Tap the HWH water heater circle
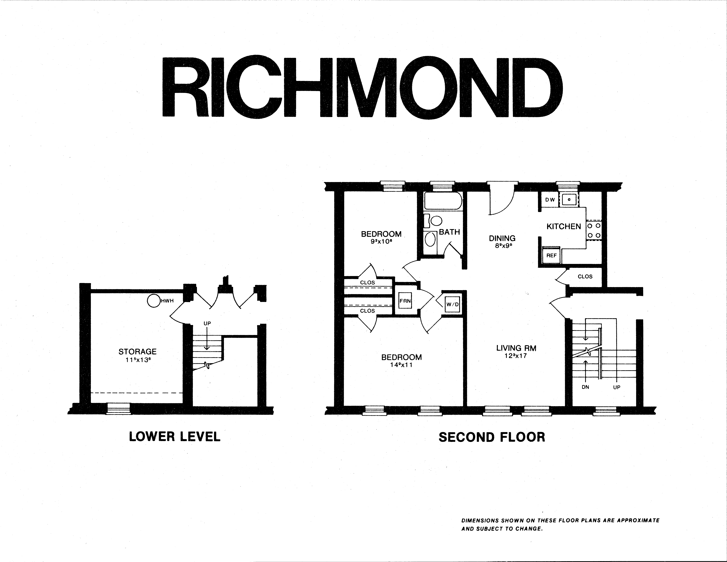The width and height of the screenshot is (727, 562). click(154, 301)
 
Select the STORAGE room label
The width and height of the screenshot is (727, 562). click(137, 352)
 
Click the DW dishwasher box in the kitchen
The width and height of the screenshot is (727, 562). click(550, 200)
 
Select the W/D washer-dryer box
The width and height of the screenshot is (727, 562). click(452, 304)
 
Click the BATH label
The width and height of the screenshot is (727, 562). click(449, 232)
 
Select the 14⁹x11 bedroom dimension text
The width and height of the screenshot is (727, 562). click(402, 365)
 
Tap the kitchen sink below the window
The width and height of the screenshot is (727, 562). click(569, 200)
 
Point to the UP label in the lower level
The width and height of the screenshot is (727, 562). click(207, 323)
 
